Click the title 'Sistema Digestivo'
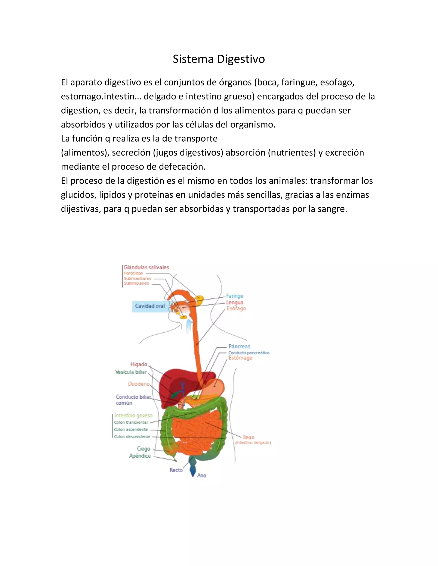[219, 59]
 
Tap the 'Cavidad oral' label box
[150, 306]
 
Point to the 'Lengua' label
[235, 302]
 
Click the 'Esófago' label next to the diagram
[236, 308]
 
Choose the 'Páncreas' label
[239, 346]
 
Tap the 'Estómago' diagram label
[240, 358]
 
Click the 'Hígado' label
[139, 364]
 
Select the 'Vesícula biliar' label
[131, 372]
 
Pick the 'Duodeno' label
[139, 384]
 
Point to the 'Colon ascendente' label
[131, 430]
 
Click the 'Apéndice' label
[140, 456]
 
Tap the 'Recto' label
[176, 470]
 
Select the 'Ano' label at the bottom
[202, 475]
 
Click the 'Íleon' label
[249, 437]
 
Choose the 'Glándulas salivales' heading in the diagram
[146, 267]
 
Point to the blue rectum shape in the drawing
[192, 466]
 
